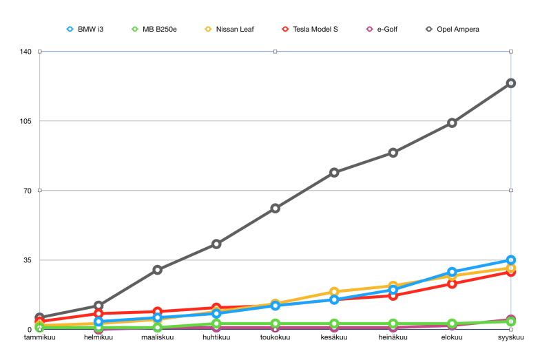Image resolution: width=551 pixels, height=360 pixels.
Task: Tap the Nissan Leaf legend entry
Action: (231, 30)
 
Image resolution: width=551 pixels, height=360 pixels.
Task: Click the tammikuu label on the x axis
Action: (40, 338)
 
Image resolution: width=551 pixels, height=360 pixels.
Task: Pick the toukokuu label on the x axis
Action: (275, 338)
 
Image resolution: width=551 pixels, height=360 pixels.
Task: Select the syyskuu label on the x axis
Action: (511, 338)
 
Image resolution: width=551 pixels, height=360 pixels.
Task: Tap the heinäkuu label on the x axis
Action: (393, 338)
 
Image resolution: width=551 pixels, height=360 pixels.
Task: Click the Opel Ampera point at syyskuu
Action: (511, 83)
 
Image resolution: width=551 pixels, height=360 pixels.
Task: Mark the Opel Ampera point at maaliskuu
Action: (158, 270)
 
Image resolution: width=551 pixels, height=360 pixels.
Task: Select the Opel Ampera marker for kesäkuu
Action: (334, 172)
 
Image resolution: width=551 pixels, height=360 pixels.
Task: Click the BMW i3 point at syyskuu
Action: (511, 260)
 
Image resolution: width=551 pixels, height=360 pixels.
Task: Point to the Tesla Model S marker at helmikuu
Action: (98, 314)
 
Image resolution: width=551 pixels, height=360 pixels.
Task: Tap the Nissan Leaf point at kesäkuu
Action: (334, 292)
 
